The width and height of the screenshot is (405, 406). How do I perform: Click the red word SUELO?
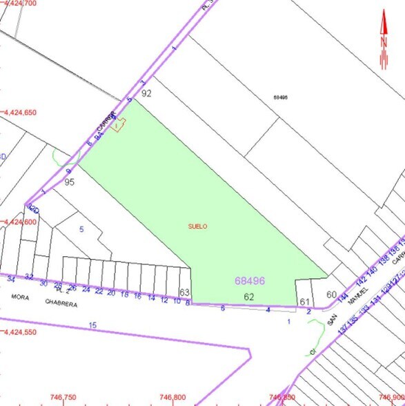coord(197,226)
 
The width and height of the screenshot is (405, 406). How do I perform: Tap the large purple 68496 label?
coord(250,281)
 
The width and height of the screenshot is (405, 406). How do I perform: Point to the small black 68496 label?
coord(279,97)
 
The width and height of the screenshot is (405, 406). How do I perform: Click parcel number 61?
coord(304,302)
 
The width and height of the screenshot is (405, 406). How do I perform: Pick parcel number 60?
coord(331,295)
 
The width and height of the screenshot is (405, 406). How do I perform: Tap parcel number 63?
coord(184,293)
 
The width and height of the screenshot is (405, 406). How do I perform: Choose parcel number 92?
coord(146,93)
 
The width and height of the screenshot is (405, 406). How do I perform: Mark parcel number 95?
coord(69,182)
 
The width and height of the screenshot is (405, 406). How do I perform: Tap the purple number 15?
coord(94,325)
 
